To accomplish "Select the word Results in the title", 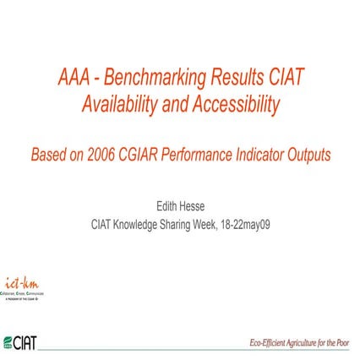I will [x=237, y=79].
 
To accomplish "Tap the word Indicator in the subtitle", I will [x=276, y=155].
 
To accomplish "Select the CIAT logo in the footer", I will [x=21, y=341].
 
